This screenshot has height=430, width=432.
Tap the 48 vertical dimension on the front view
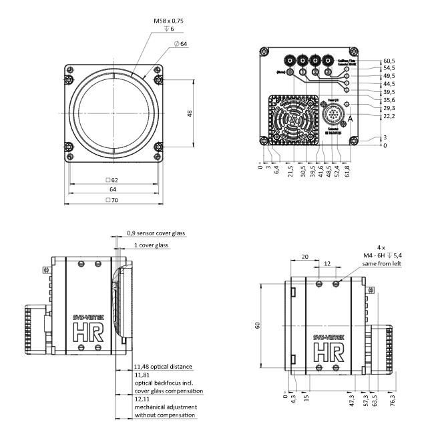click(190, 113)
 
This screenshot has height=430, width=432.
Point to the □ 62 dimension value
click(112, 180)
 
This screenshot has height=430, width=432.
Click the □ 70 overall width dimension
click(112, 200)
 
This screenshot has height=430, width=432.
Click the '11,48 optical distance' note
click(163, 367)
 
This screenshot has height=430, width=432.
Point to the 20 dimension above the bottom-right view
click(305, 256)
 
